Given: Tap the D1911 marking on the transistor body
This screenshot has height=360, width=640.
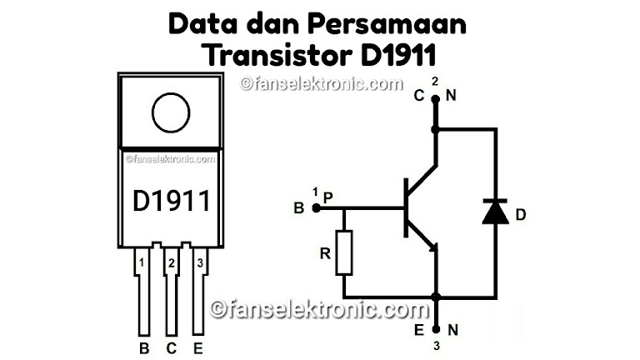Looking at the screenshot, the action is point(172,200).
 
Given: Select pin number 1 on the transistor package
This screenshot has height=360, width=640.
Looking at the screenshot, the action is point(142,264).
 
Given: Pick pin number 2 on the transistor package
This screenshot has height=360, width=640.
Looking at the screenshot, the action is point(171,264).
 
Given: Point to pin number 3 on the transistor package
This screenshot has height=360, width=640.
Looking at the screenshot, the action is point(199,264).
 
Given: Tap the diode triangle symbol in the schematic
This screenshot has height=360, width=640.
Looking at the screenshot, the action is point(496,212).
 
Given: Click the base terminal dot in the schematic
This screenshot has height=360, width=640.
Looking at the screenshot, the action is point(316,207).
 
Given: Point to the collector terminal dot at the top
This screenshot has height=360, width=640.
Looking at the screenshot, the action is point(434,98).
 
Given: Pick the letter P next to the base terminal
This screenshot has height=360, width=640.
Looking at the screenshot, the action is point(327,197).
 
